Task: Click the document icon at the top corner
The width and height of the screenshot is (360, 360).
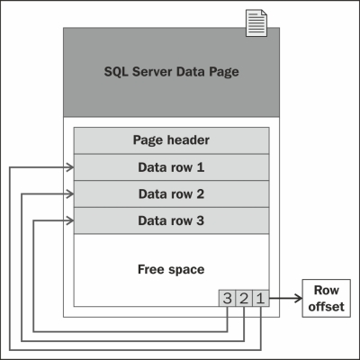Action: pos(256,23)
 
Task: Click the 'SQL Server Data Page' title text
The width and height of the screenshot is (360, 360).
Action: pos(171,72)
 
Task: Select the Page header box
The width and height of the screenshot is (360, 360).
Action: pos(171,140)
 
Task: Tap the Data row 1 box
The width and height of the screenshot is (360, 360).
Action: pos(171,167)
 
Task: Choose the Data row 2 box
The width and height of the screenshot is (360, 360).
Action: pos(171,194)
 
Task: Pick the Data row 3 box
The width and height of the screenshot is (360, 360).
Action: pos(171,220)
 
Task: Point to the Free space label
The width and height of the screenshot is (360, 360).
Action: pos(171,269)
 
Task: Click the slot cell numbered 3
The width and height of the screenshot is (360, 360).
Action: pos(228,298)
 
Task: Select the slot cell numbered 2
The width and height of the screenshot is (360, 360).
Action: pos(244,298)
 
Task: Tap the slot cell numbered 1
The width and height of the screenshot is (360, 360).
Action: pos(261,298)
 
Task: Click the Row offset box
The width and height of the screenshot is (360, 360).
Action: pos(326,298)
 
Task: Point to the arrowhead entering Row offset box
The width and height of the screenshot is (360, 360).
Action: pos(299,298)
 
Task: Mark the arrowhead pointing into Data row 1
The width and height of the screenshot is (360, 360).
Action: pos(70,167)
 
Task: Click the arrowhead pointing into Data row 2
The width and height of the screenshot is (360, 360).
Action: pos(70,194)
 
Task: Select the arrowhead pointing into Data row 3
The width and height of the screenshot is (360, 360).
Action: pos(70,221)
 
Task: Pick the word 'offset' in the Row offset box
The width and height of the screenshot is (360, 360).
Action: pos(326,307)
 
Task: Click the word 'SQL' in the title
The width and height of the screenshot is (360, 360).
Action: pos(116,72)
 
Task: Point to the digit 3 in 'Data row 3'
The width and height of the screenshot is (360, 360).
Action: pos(200,220)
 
